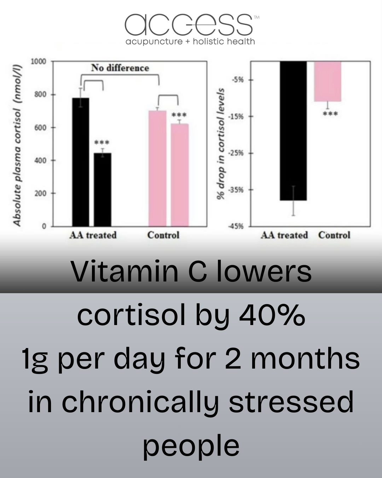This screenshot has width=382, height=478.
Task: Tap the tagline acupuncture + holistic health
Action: click(190, 42)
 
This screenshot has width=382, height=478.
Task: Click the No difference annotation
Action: click(120, 68)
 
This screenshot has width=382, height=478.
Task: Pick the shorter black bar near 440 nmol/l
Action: click(103, 190)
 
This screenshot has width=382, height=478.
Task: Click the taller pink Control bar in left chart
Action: click(157, 169)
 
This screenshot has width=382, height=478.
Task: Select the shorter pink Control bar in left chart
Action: click(180, 175)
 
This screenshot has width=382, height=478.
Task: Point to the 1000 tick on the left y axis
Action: click(39, 62)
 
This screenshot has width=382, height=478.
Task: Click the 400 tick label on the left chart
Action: click(40, 160)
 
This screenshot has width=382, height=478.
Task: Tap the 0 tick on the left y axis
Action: click(44, 226)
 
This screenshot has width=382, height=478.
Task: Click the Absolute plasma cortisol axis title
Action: click(17, 145)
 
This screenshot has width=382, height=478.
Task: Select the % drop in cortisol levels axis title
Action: click(221, 144)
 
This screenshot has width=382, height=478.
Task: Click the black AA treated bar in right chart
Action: click(293, 131)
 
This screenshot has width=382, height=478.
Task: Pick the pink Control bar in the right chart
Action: click(328, 81)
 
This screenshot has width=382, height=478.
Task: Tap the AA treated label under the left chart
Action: click(93, 235)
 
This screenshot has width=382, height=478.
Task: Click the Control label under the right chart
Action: click(334, 235)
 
